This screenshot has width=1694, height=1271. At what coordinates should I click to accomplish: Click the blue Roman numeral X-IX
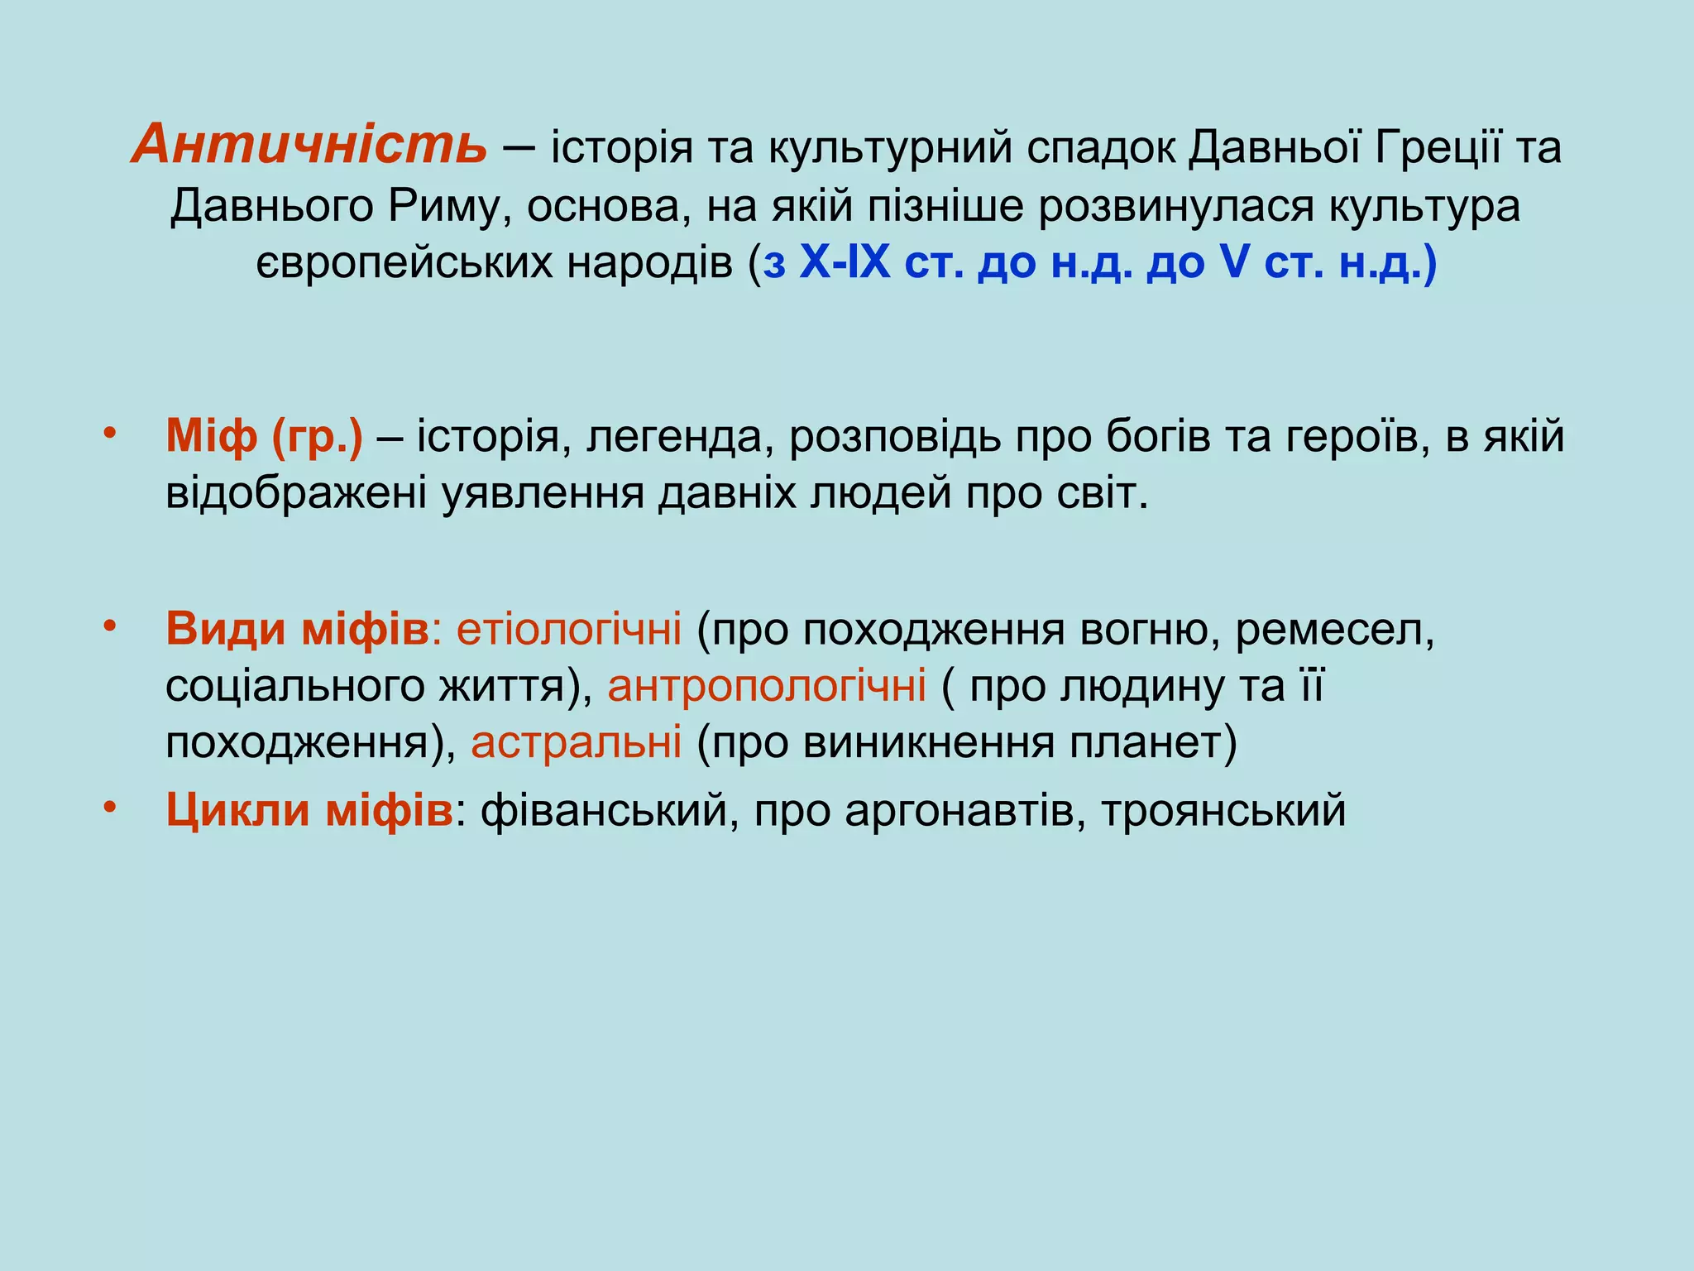click(845, 263)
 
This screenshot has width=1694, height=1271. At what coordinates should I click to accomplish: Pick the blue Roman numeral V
click(1232, 263)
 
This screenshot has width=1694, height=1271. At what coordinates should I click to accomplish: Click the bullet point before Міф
click(109, 433)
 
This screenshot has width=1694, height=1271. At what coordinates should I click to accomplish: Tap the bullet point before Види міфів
click(109, 626)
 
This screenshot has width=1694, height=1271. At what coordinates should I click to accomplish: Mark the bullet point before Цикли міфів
click(109, 806)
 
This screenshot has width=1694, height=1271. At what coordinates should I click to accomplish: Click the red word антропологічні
click(767, 686)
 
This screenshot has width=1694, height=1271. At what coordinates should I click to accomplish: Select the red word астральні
click(577, 742)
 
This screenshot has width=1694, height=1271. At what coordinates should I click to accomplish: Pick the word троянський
click(1223, 810)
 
